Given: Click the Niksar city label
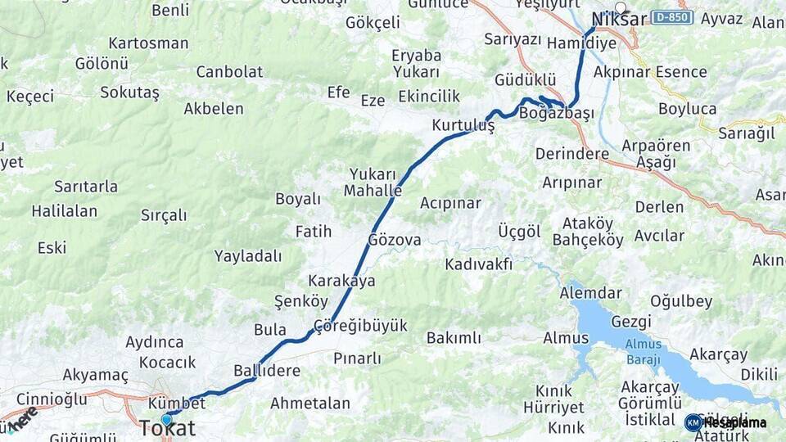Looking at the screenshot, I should (619, 20).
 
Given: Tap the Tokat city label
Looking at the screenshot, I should (167, 428).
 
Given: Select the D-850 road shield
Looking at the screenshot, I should (673, 17).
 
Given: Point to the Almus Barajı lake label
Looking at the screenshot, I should (643, 350).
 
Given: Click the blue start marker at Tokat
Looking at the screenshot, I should (167, 419).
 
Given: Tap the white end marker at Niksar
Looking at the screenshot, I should (621, 8).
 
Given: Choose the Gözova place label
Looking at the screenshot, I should (395, 240).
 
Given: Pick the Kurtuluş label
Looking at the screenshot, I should (463, 126).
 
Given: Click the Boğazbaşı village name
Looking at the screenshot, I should (557, 114).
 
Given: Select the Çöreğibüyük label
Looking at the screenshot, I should (360, 326).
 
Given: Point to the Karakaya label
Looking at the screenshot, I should (341, 281).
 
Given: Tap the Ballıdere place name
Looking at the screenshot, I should (267, 370).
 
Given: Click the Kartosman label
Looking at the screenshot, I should (148, 43).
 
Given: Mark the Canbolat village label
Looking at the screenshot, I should (229, 71).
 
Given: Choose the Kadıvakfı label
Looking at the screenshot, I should (479, 264).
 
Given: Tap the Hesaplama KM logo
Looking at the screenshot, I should (725, 422).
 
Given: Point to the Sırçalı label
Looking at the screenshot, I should (164, 215).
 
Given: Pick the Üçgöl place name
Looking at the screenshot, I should (519, 232).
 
